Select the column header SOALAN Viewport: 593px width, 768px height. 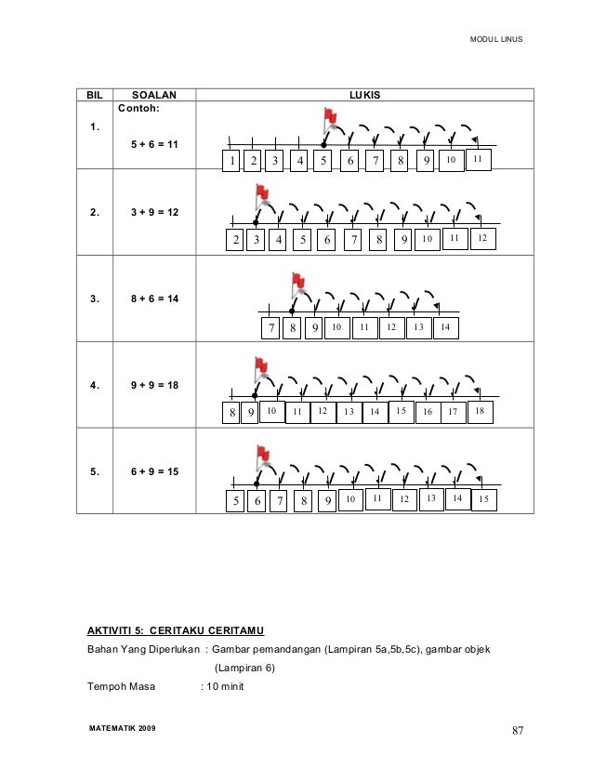(x=153, y=95)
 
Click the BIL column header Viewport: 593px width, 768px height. (x=94, y=95)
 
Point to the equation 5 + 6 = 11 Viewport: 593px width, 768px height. (x=155, y=145)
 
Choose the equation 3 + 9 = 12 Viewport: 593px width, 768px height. (x=155, y=212)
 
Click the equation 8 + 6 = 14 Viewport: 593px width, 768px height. (x=155, y=298)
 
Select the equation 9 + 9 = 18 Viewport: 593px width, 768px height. (x=155, y=384)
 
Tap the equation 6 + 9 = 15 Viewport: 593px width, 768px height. (x=155, y=471)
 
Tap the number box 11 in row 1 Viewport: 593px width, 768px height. (x=477, y=160)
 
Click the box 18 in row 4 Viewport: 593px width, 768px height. (x=480, y=410)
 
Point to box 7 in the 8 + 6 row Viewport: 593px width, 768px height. (x=270, y=328)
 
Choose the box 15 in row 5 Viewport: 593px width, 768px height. (x=484, y=500)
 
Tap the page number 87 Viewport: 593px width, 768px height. (x=518, y=729)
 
